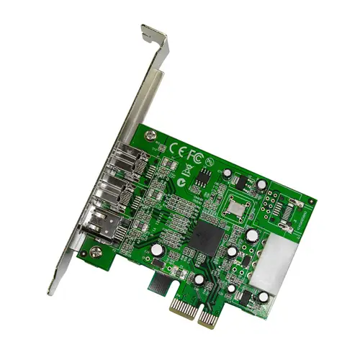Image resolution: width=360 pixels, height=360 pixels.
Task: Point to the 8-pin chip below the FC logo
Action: coord(204,176)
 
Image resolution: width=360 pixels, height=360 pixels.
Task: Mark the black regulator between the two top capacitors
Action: coord(242,182)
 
